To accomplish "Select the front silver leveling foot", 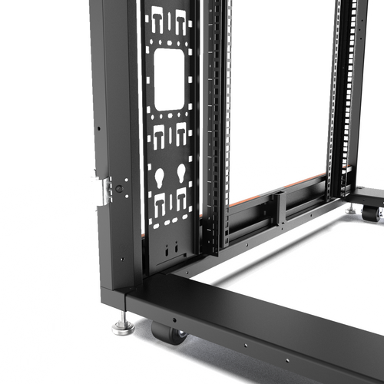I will coord(123,327).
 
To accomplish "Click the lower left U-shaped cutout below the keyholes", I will coord(161,207).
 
